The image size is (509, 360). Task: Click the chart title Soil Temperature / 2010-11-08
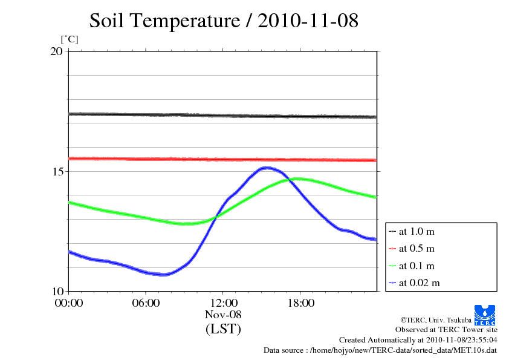224,21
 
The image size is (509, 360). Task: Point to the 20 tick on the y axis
56,51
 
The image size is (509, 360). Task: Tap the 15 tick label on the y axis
56,171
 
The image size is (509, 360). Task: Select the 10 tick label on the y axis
56,291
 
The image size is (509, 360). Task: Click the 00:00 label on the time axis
69,303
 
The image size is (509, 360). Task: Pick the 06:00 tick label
146,303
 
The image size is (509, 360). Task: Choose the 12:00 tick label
223,303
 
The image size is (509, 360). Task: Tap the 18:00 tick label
300,303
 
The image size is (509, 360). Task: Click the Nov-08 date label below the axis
223,315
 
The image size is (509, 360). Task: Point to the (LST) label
223,330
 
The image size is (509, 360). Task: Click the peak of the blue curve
266,168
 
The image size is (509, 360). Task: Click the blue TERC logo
486,314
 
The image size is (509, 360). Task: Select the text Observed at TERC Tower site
446,330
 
